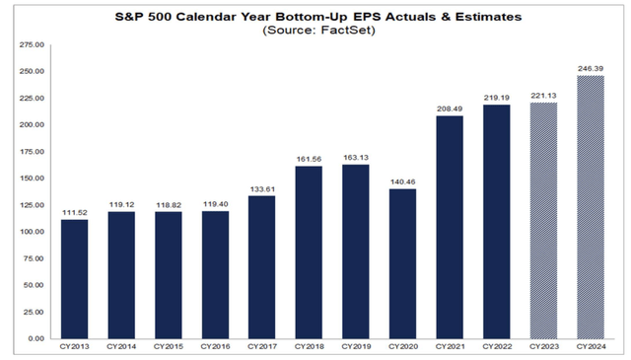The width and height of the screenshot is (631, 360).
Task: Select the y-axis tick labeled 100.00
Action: pyautogui.click(x=33, y=232)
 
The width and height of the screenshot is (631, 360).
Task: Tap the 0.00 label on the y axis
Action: pyautogui.click(x=37, y=338)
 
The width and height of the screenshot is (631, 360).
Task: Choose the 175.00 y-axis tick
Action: pyautogui.click(x=33, y=152)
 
